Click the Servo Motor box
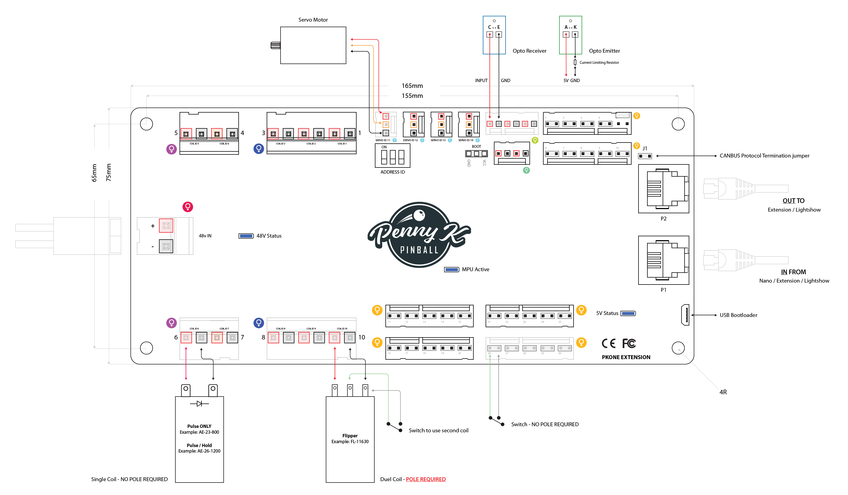coord(313,45)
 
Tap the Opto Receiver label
coord(529,51)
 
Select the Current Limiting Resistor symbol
coord(575,62)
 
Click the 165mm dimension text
coord(412,86)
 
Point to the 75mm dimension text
coord(108,172)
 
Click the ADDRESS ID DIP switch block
coord(392,156)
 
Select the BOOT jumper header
coord(476,154)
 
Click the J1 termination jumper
coord(645,156)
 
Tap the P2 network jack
coord(663,189)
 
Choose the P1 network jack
coord(663,260)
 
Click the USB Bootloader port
coord(685,315)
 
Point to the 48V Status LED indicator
coord(246,236)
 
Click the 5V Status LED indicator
coord(628,313)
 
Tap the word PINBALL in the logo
coord(419,250)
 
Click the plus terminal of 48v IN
coord(166,226)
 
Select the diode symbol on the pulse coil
coord(199,403)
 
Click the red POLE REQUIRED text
coord(426,479)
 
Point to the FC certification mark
coord(629,343)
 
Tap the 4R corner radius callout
coord(723,392)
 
